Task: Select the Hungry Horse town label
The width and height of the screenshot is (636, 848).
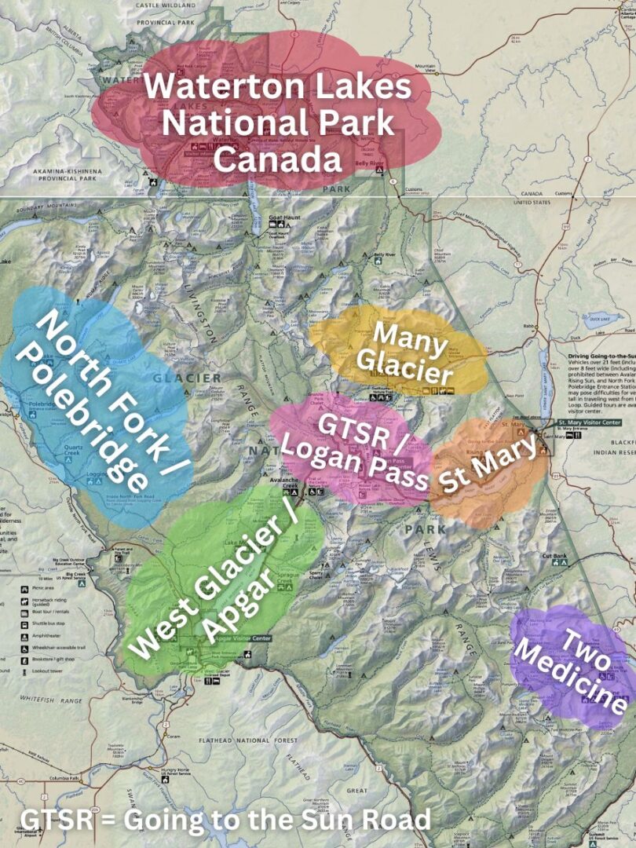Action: [172, 772]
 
